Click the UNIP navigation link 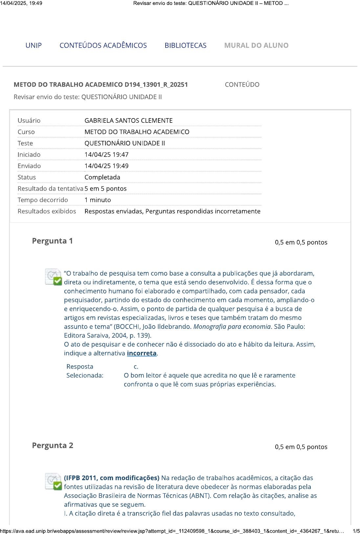click(x=34, y=45)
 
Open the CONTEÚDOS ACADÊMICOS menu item click(x=103, y=45)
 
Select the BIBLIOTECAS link click(x=186, y=45)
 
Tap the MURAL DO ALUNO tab click(x=256, y=45)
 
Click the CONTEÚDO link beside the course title click(x=242, y=85)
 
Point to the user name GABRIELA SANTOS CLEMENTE click(x=128, y=120)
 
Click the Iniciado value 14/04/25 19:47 click(x=106, y=155)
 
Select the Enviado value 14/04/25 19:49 click(x=106, y=166)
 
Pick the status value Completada click(x=102, y=177)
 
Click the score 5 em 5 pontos click(x=105, y=189)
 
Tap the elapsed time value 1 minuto click(x=98, y=200)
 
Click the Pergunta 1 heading click(x=53, y=241)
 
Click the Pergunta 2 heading click(x=53, y=445)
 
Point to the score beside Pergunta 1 click(x=301, y=242)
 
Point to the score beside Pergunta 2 click(x=301, y=447)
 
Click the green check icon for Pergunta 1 click(x=57, y=281)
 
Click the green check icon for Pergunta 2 click(x=57, y=485)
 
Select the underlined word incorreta click(x=142, y=353)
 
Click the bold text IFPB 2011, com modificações click(x=112, y=478)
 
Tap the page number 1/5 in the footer click(x=356, y=531)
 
